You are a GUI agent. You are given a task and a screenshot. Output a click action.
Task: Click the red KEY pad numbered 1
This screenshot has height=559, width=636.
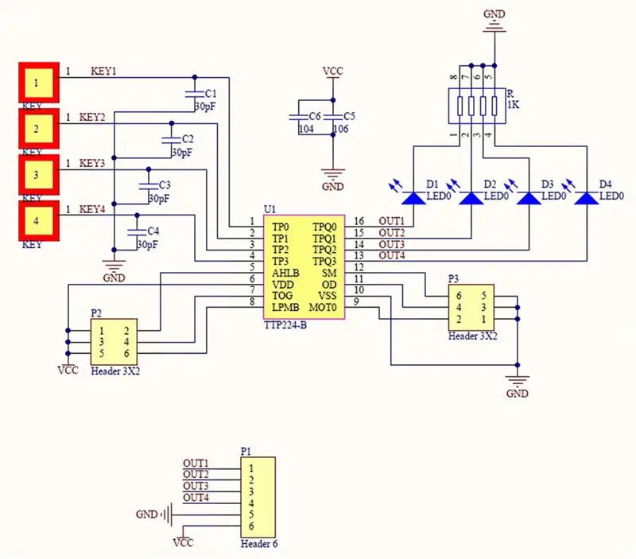point(39,83)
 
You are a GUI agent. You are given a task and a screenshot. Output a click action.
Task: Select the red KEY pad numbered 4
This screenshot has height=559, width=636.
point(39,221)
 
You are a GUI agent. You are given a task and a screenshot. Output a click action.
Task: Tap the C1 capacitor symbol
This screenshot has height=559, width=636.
point(194,94)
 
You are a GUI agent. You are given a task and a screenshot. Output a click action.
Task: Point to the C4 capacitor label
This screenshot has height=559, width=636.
point(153,231)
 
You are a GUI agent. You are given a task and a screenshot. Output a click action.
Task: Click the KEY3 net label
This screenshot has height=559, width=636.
point(92,164)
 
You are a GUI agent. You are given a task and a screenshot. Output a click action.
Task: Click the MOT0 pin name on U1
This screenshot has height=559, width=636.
point(323,308)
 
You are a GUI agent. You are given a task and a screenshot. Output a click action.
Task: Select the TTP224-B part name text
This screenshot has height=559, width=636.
point(285,325)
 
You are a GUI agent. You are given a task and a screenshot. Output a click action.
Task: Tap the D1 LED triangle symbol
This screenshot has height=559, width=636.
point(413,198)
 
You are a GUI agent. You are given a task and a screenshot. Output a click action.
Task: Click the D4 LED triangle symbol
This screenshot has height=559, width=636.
point(587,198)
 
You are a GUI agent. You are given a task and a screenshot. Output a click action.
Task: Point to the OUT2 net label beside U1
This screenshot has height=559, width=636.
point(392,233)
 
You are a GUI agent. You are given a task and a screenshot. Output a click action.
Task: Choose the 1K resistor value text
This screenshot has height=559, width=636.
point(513,105)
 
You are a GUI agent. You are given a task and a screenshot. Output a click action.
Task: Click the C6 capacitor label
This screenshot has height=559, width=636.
point(315,117)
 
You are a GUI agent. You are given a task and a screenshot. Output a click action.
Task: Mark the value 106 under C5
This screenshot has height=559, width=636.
point(341,129)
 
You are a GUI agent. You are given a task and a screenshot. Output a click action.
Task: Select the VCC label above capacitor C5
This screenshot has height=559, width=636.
point(333,72)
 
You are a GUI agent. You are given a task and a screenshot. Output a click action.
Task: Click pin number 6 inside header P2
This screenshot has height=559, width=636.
point(126,353)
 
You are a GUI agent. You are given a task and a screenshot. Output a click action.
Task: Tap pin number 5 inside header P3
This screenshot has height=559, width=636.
point(483,296)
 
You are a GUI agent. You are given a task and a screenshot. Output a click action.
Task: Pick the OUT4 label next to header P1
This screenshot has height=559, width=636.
point(196,497)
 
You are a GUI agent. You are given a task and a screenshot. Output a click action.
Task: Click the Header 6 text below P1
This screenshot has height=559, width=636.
point(259,544)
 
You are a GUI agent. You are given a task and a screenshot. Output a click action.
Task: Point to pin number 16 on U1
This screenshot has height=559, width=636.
point(359,221)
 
